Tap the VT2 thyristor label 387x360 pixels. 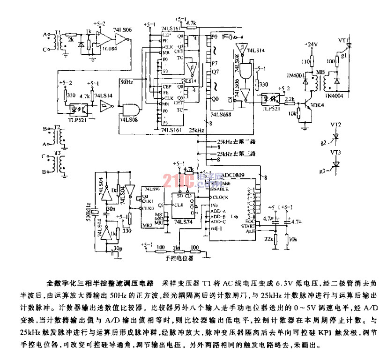click(335, 125)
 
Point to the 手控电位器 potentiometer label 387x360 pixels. click(178, 257)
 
